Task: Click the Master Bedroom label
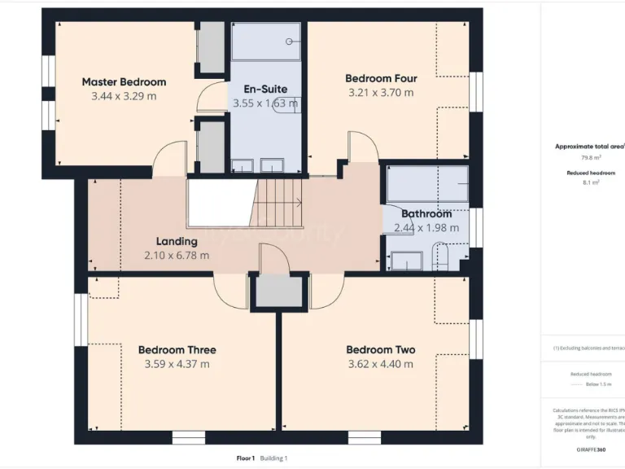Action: (x=124, y=82)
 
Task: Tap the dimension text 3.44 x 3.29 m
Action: (x=124, y=96)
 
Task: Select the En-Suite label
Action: (x=265, y=90)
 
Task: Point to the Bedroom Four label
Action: (x=381, y=79)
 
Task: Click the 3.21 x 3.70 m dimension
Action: (x=381, y=93)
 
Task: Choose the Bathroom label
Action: (x=426, y=214)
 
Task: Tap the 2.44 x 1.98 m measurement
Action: (x=426, y=228)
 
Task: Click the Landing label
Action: (x=177, y=242)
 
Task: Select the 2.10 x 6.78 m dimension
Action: (x=177, y=256)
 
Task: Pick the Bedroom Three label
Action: (x=177, y=350)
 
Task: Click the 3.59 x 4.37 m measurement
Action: (x=177, y=364)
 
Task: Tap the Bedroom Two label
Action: (x=381, y=350)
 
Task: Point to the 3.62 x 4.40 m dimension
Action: (x=381, y=364)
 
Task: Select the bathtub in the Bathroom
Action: (x=427, y=183)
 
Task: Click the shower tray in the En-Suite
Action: (x=265, y=42)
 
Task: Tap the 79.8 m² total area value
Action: (x=590, y=158)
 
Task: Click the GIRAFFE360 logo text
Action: (x=590, y=449)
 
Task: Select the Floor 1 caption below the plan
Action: (x=246, y=458)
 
